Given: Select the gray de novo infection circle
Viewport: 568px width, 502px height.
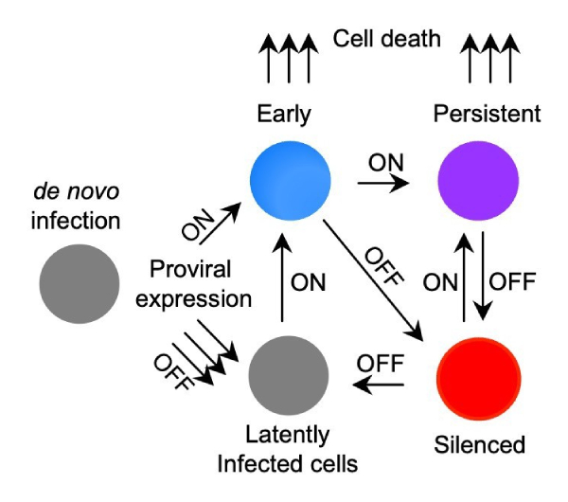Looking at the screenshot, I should pyautogui.click(x=80, y=283).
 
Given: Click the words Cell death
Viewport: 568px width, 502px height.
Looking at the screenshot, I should pyautogui.click(x=387, y=40).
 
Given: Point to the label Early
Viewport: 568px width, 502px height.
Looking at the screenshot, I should pyautogui.click(x=283, y=115).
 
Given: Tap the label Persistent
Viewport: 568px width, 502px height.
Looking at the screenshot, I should pyautogui.click(x=486, y=115).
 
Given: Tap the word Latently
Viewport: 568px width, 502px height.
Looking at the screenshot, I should pyautogui.click(x=289, y=435).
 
